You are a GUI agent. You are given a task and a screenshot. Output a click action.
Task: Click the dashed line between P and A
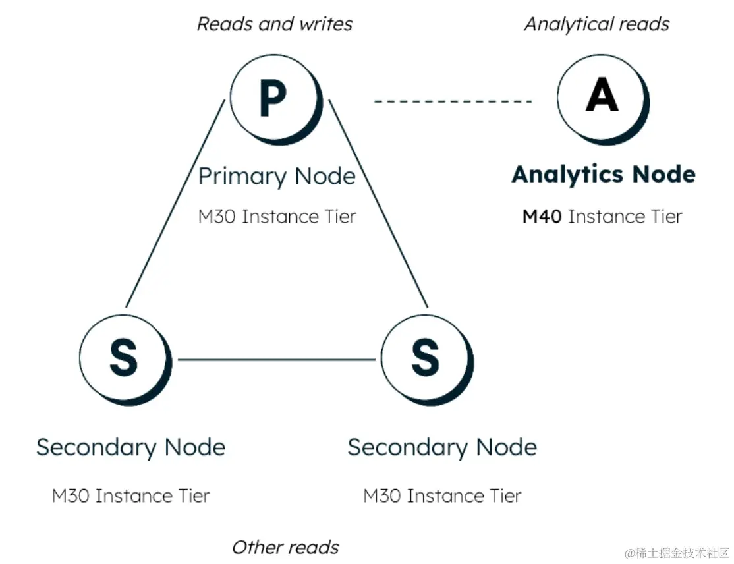coord(453,101)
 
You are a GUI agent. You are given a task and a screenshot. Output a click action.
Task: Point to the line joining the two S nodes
coord(277,360)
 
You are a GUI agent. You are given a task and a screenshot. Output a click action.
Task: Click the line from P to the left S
coord(175,204)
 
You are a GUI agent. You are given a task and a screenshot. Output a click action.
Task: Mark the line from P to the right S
coord(378,204)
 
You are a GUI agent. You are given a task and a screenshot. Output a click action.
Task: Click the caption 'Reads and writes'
coord(275,24)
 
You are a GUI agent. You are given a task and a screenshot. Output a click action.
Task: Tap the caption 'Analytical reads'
coord(596,24)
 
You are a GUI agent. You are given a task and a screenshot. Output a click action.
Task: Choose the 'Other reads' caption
coord(285,547)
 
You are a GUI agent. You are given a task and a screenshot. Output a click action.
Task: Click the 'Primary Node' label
coord(277,177)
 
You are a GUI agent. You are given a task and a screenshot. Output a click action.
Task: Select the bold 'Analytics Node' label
coord(604,175)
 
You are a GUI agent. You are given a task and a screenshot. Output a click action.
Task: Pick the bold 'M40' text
coord(542,217)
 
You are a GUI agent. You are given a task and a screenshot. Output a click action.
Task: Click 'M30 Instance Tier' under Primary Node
coord(277,217)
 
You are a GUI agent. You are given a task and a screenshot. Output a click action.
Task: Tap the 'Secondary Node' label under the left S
coord(130,447)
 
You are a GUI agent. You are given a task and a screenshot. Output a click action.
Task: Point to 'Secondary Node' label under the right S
coord(442,447)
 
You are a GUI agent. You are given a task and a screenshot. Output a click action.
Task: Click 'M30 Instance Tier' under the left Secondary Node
coord(130,495)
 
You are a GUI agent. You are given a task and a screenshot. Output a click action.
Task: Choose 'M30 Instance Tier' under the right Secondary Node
coord(442,495)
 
